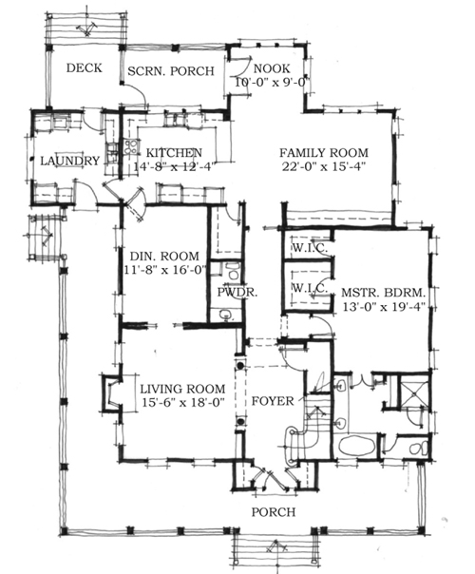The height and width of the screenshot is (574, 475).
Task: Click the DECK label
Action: [85, 68]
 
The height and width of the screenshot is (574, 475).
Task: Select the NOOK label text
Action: [268, 68]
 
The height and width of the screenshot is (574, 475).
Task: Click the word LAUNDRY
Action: [69, 161]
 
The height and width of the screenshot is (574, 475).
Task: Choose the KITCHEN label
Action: [172, 152]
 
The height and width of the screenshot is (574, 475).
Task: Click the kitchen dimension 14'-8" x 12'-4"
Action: [173, 166]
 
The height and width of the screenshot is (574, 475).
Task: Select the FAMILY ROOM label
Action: [324, 152]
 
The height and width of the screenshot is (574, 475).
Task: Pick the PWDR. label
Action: [231, 293]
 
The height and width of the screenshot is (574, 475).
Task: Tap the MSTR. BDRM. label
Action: [385, 293]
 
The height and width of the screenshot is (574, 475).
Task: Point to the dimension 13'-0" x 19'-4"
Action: [385, 307]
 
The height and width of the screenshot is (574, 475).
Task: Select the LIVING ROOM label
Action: [181, 389]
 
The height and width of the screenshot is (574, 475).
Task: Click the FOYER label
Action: [272, 400]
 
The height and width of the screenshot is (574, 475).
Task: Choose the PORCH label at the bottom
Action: [274, 512]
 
